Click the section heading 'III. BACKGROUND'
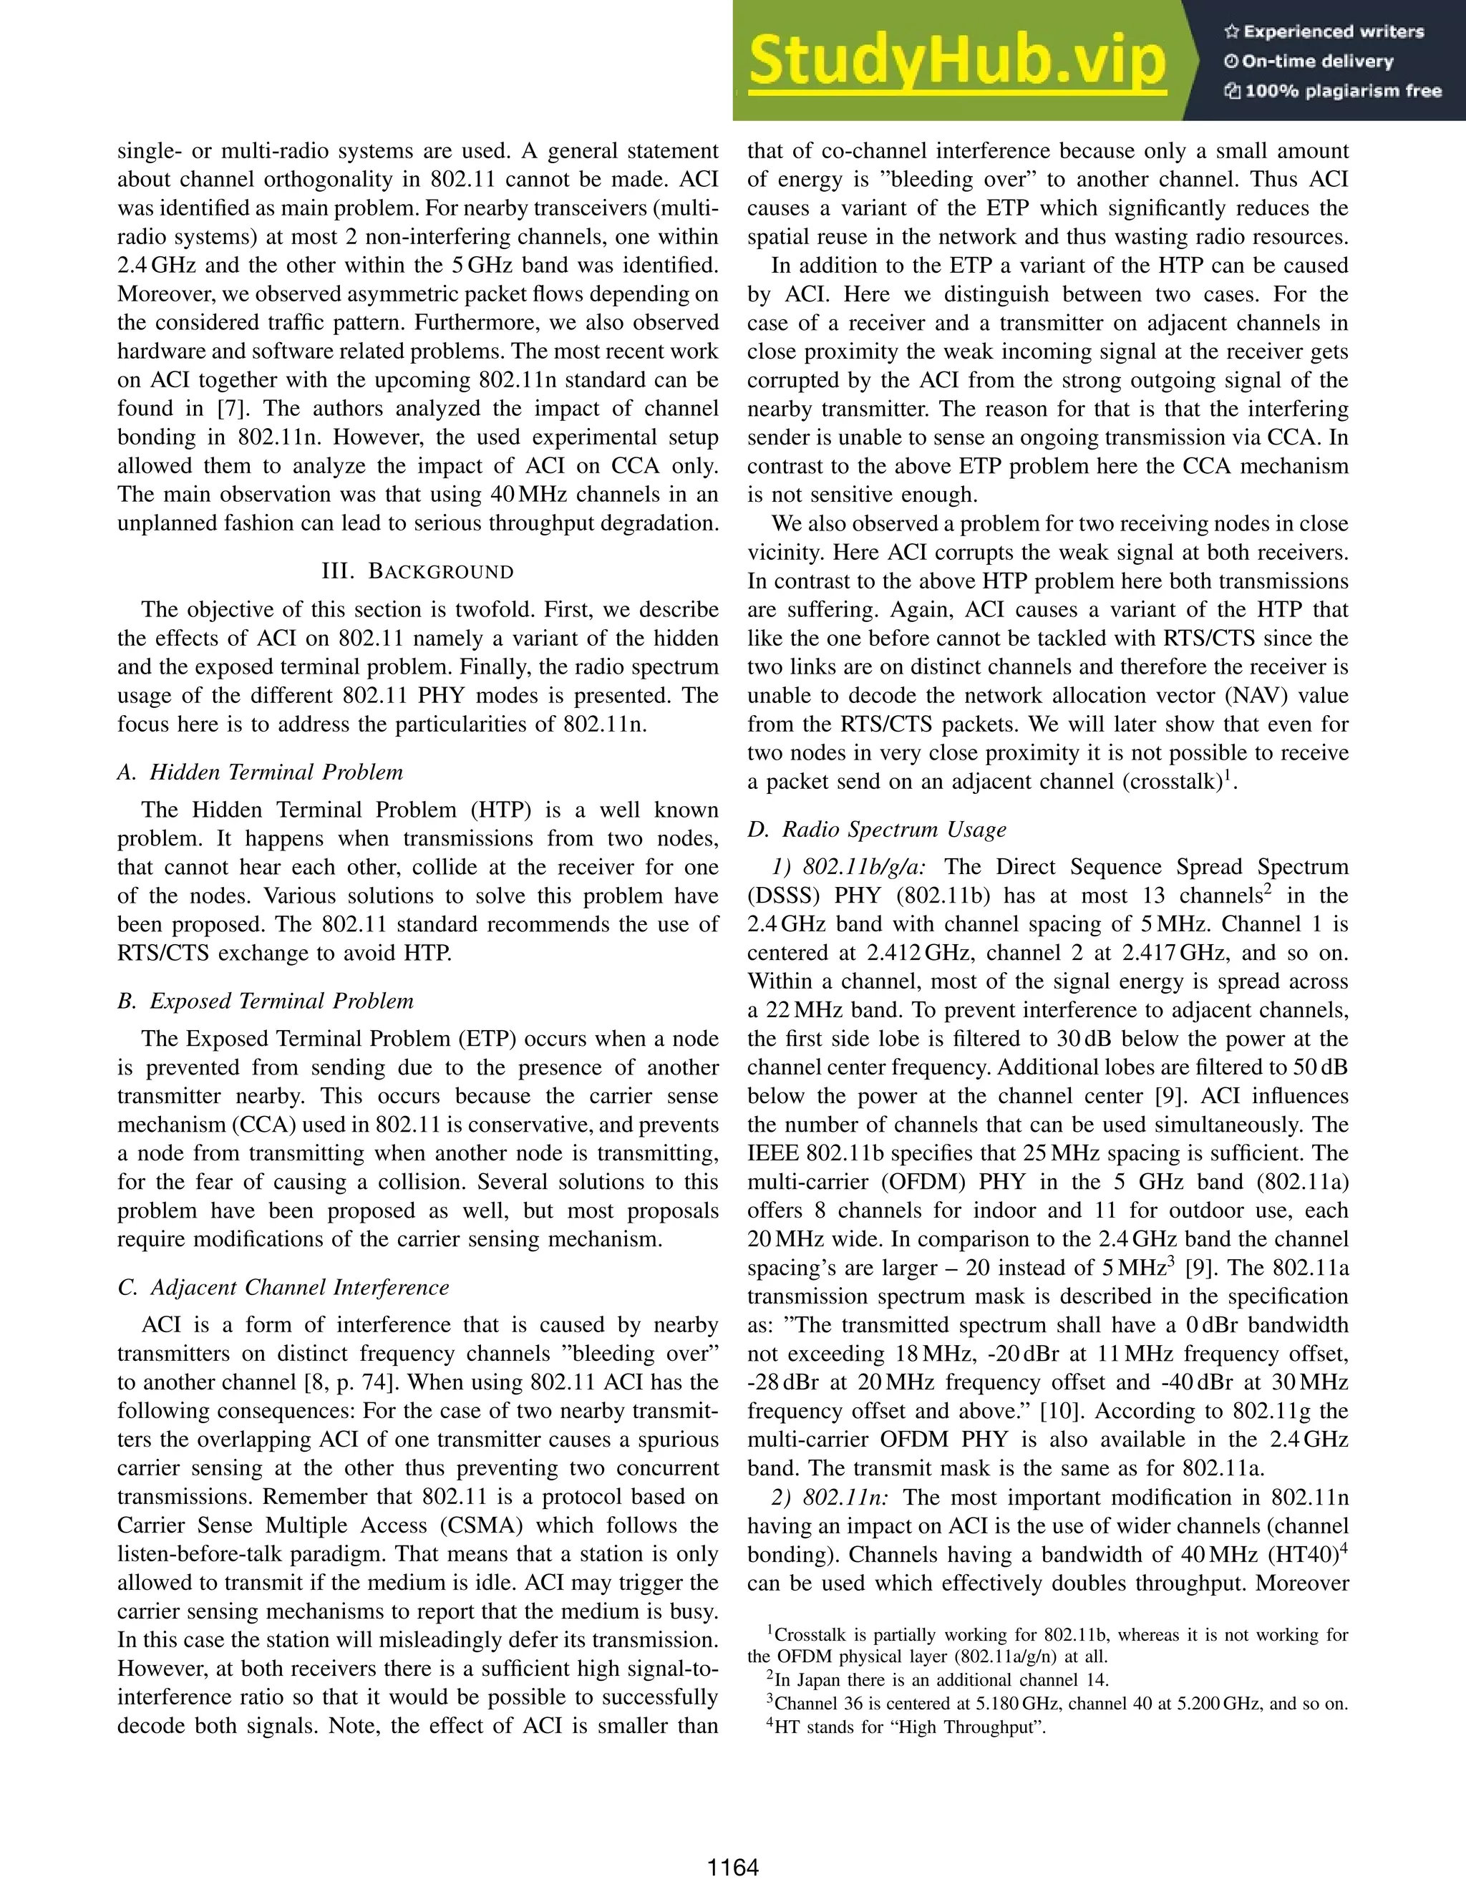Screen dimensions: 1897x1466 (x=418, y=571)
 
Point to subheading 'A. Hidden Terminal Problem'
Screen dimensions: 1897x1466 (x=261, y=772)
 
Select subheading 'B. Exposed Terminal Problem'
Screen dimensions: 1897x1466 (x=265, y=1001)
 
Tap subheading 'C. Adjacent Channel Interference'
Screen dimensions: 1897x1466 (x=283, y=1287)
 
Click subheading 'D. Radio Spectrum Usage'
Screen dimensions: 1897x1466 (x=877, y=830)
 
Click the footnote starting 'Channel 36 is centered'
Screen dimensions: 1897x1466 (x=1059, y=1703)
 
